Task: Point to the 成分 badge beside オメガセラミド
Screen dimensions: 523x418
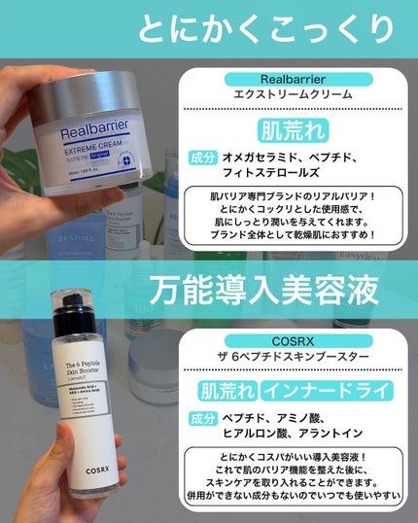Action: coord(204,156)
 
